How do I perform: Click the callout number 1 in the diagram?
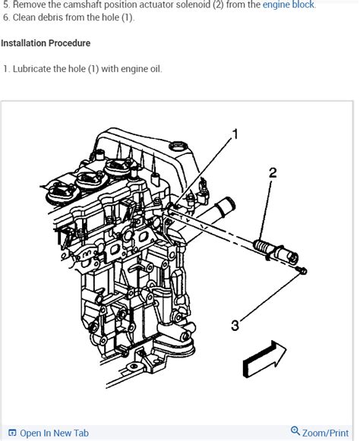[235, 134]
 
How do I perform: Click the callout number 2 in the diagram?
[273, 172]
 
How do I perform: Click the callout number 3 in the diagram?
[235, 326]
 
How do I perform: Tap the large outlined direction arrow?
[264, 358]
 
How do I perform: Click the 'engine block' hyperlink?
[289, 5]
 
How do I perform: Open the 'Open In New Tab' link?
[54, 433]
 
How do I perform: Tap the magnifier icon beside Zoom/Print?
[295, 431]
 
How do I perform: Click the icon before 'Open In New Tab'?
[12, 433]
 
